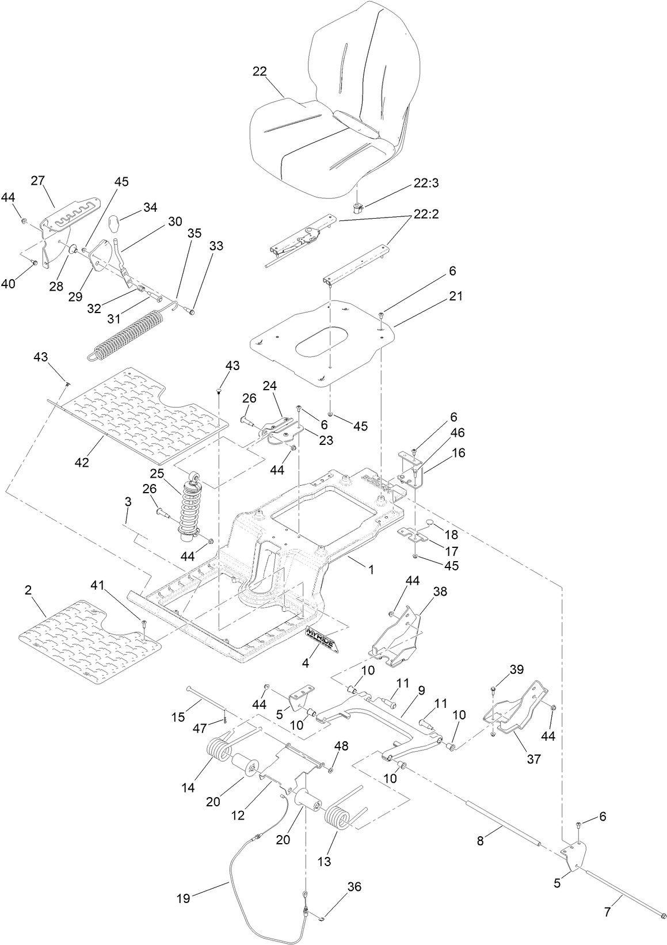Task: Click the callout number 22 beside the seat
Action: [260, 71]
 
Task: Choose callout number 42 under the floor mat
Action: [82, 462]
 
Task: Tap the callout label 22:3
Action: [426, 183]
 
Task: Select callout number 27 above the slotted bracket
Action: [38, 181]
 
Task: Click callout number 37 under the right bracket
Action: [533, 759]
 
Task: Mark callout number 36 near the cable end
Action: [354, 887]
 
